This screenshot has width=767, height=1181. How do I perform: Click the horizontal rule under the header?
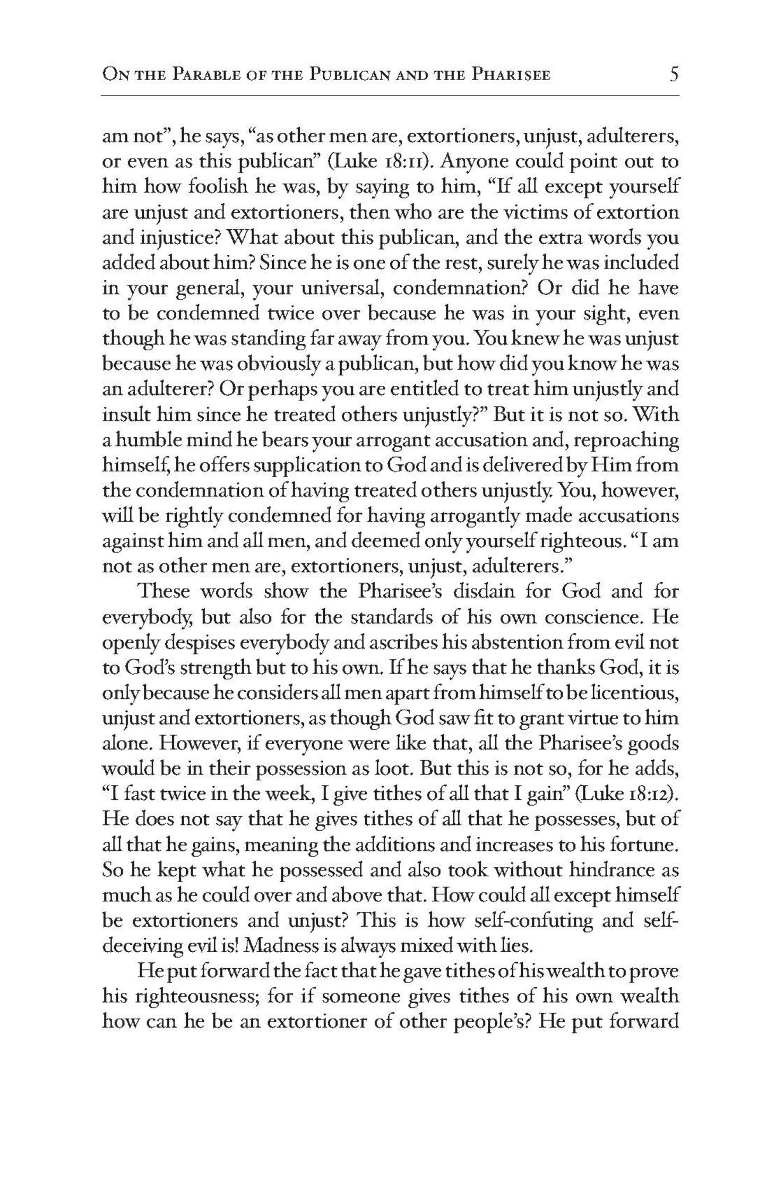[x=390, y=96]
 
